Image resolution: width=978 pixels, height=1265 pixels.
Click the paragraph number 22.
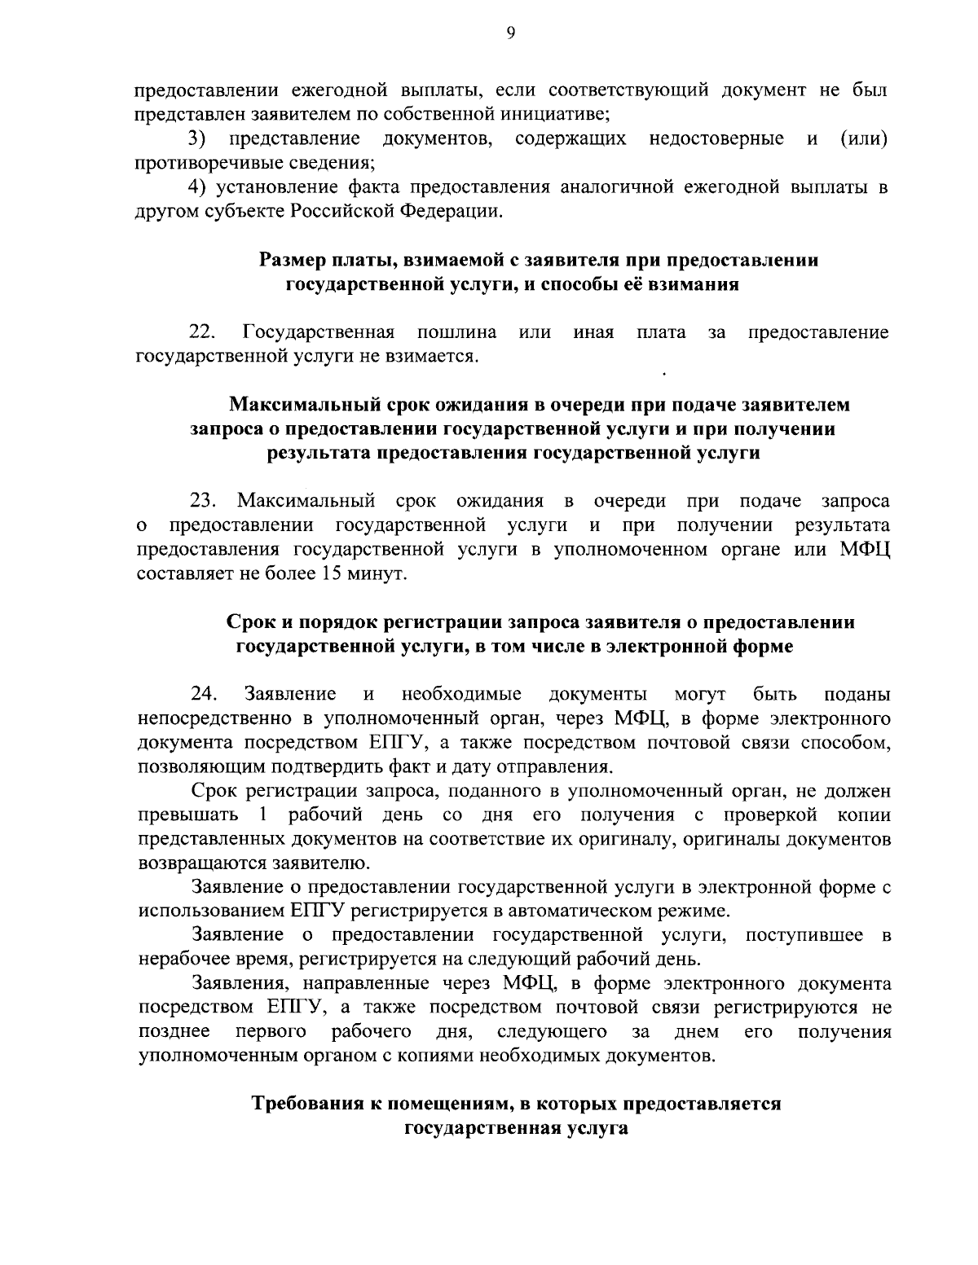pos(202,332)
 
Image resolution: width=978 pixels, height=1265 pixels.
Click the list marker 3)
pos(197,138)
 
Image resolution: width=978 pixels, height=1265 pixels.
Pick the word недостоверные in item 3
pos(716,138)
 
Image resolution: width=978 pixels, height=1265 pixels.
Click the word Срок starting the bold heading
pos(248,623)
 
